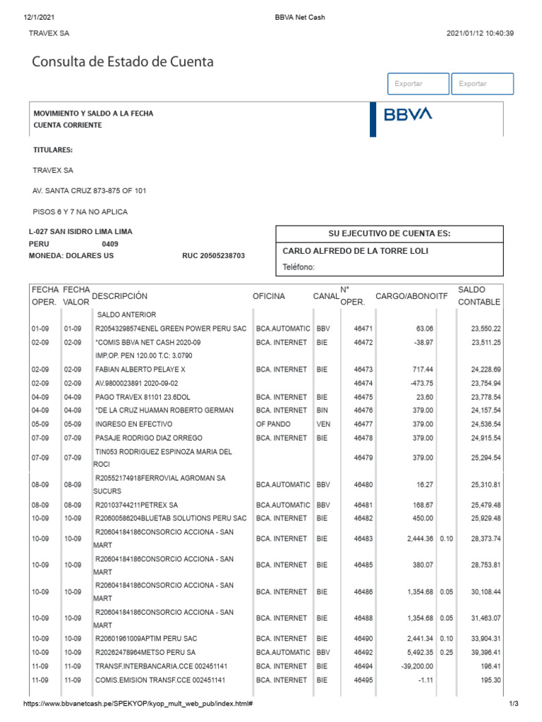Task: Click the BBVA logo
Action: click(408, 115)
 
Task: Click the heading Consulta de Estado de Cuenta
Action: click(123, 62)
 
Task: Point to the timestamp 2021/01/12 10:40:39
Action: click(480, 33)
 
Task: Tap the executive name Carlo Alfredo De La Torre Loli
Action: click(355, 251)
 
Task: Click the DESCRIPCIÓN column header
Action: click(120, 296)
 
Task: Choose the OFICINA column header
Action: click(269, 296)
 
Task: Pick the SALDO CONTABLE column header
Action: click(478, 296)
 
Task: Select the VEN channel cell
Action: click(323, 424)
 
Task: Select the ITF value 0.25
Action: click(445, 652)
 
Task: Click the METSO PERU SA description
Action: click(145, 652)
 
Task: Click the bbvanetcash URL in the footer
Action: click(138, 704)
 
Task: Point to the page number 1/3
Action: click(513, 704)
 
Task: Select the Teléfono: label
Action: click(298, 267)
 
